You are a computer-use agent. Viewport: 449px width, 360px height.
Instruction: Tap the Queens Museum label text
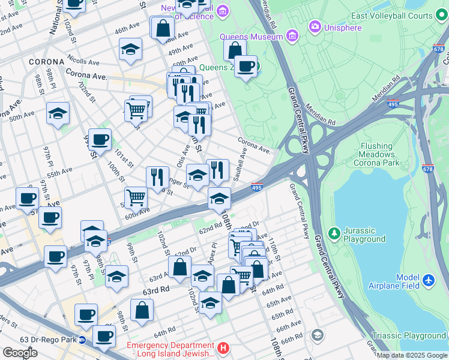pyautogui.click(x=251, y=37)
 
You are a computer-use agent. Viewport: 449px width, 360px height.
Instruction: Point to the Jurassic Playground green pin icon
pyautogui.click(x=334, y=232)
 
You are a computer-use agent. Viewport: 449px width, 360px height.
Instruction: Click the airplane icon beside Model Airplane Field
pyautogui.click(x=428, y=280)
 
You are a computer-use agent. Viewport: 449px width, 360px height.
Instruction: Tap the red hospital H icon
pyautogui.click(x=223, y=347)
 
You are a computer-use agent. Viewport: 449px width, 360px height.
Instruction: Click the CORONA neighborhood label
pyautogui.click(x=46, y=62)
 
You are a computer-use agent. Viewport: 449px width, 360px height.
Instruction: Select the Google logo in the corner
pyautogui.click(x=20, y=353)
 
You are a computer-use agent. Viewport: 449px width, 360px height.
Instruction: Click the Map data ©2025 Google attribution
pyautogui.click(x=412, y=355)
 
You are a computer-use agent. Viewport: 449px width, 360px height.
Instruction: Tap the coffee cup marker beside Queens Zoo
pyautogui.click(x=245, y=67)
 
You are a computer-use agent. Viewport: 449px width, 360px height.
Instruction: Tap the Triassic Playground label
pyautogui.click(x=408, y=336)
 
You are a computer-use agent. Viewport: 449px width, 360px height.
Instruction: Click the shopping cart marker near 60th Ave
pyautogui.click(x=136, y=197)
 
